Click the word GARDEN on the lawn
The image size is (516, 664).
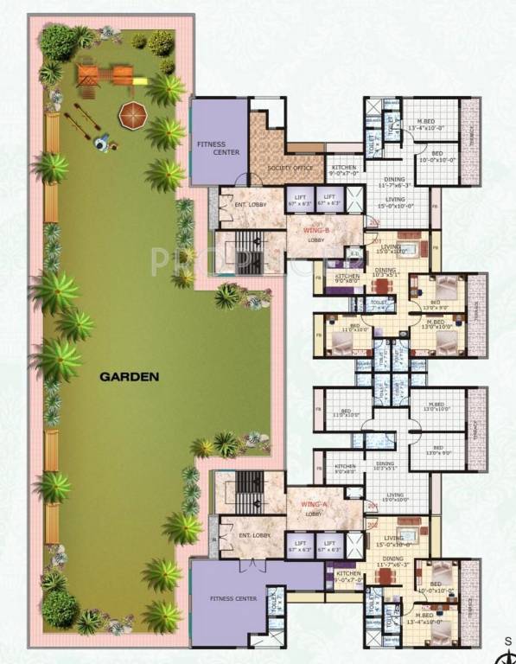point(130,376)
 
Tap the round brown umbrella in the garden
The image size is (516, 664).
point(133,112)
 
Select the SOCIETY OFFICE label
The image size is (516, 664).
point(289,168)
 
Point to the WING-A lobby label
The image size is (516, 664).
point(312,506)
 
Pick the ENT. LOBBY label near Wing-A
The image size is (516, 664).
point(252,535)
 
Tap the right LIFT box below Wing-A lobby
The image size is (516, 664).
point(328,545)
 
